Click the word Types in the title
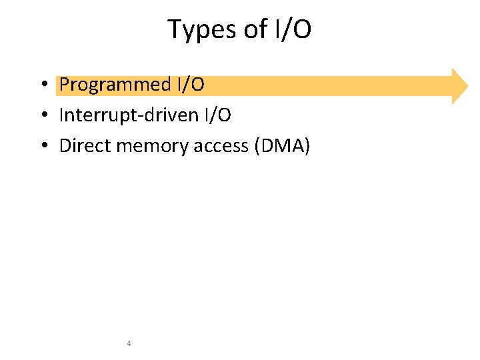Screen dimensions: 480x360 click(197, 30)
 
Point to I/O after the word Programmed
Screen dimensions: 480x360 click(190, 85)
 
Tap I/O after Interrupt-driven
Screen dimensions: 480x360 click(217, 115)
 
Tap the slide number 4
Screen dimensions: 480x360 click(129, 343)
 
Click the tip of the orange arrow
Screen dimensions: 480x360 click(468, 86)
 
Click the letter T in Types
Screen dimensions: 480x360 click(175, 29)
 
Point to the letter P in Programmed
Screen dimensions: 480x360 click(65, 85)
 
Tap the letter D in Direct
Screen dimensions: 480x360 click(65, 146)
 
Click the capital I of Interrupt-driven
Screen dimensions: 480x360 click(61, 115)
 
